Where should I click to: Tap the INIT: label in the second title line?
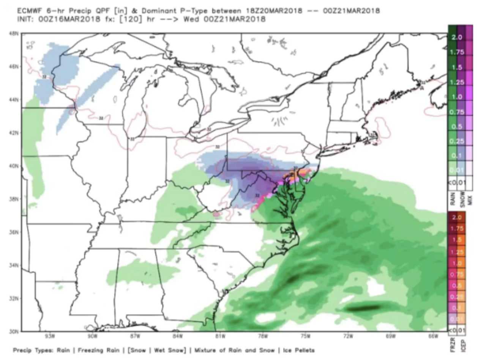coord(26,19)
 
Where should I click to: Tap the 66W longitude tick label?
coord(434,336)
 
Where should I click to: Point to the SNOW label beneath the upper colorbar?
coord(461,199)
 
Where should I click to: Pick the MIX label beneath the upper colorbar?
coord(469,199)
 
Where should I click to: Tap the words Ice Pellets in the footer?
coord(300,351)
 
